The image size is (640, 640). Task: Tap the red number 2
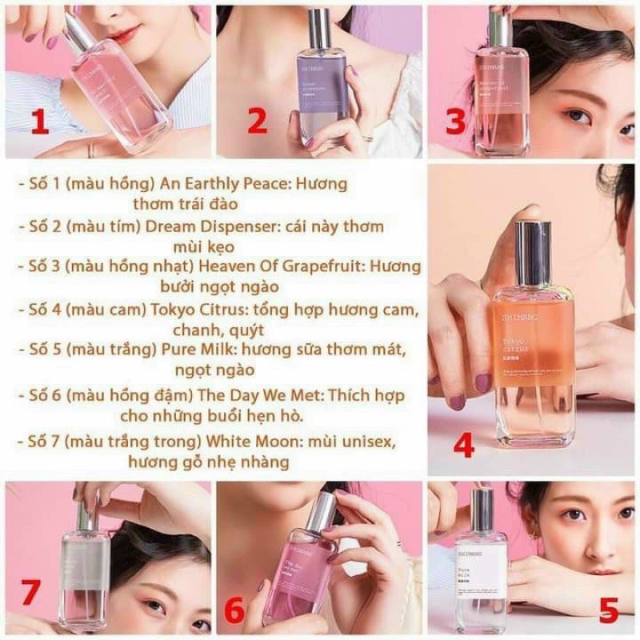point(256,122)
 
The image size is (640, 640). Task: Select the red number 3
point(455,122)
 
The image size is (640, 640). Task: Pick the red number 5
point(608,611)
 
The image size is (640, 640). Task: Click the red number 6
point(234,611)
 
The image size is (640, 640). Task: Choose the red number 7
point(30,594)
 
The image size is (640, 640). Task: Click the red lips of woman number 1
point(122,34)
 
